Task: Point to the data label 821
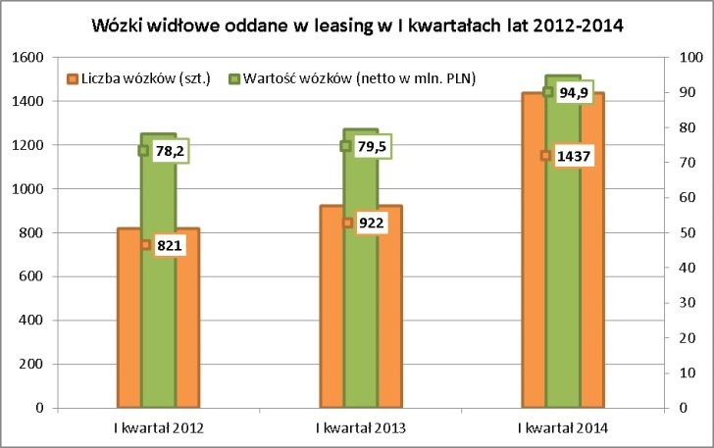(x=170, y=245)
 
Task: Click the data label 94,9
(x=575, y=92)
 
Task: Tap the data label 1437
(x=578, y=156)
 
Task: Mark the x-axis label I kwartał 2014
(x=563, y=428)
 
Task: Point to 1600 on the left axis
(x=32, y=58)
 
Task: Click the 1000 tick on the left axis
(x=32, y=189)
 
